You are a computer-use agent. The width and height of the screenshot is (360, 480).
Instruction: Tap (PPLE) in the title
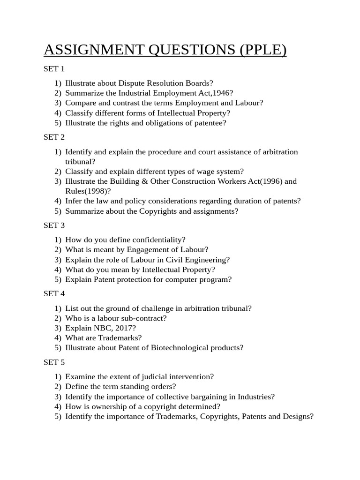tap(263, 50)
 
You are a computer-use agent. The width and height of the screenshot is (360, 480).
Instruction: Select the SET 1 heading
tap(54, 69)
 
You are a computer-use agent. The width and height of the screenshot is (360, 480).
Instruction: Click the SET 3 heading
tap(54, 225)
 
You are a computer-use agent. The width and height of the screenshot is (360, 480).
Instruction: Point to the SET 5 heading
tap(54, 362)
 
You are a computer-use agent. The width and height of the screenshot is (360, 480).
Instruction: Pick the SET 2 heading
tap(54, 137)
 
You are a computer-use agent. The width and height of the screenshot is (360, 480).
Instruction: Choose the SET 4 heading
tap(54, 293)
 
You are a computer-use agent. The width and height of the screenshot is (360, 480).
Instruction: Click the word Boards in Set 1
tap(199, 83)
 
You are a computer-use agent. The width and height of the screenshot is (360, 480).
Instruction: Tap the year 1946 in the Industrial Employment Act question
tap(221, 93)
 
